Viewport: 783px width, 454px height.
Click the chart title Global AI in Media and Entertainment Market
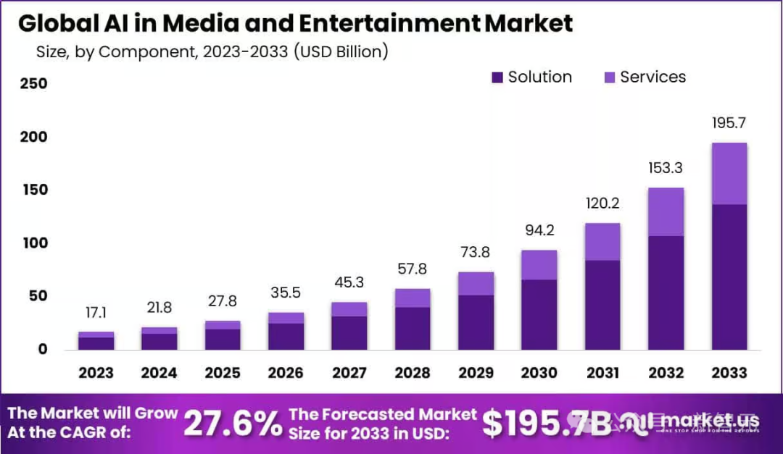coord(295,23)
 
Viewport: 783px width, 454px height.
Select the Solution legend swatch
coord(497,77)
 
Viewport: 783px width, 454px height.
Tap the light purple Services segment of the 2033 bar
coord(729,174)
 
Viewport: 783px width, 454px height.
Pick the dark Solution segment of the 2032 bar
coord(666,293)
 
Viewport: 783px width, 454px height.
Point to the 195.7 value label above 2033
coord(729,124)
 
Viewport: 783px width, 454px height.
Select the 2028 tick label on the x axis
coord(412,373)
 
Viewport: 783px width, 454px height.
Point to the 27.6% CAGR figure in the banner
coord(232,424)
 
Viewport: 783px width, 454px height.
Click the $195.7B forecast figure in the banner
coord(547,424)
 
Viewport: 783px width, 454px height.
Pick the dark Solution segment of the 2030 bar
coord(539,314)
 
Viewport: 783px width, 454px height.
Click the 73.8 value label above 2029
coord(476,253)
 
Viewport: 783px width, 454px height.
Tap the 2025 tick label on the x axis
coord(222,373)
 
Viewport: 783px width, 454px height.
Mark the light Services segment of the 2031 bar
coord(602,242)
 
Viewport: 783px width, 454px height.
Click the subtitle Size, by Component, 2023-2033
coord(212,52)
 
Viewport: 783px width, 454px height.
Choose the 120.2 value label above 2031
coord(602,204)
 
